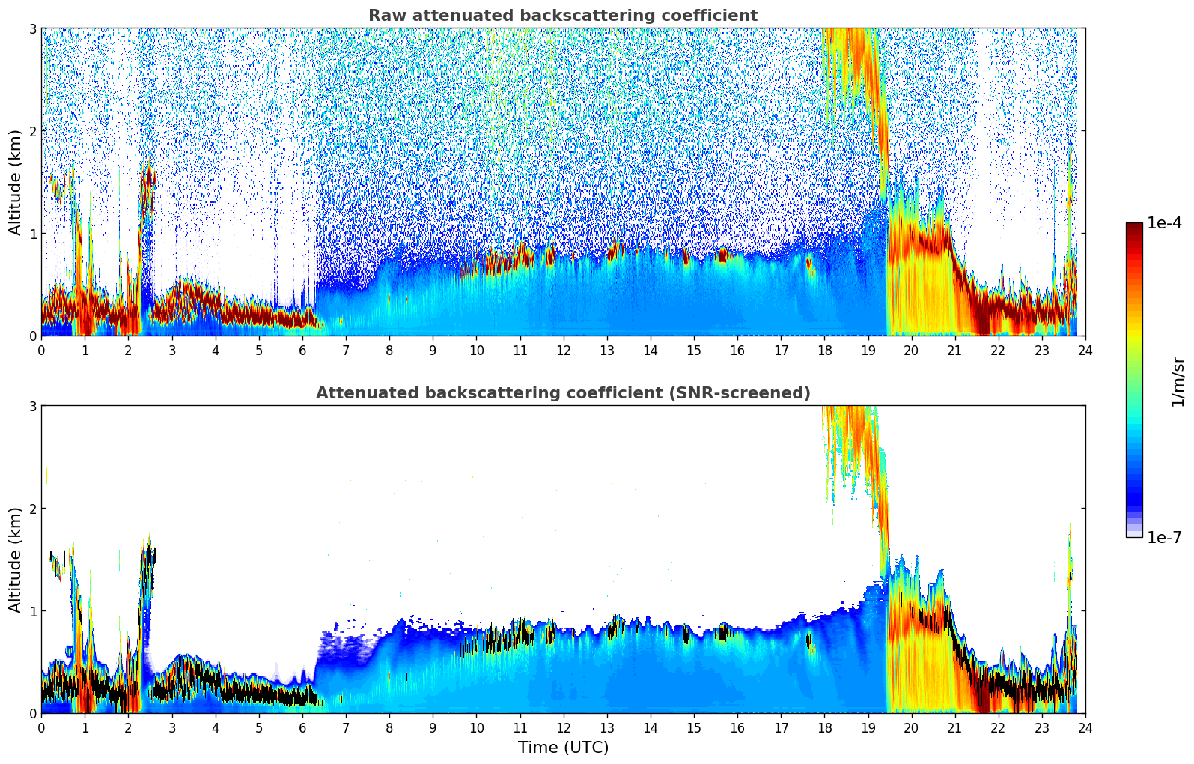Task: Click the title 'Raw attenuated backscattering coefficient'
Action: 562,16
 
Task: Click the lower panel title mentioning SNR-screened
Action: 562,393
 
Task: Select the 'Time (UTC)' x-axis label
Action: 563,747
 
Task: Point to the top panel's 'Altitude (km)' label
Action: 15,182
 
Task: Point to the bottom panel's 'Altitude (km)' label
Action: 15,560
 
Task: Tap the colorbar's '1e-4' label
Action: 1164,223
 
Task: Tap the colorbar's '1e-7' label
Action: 1164,537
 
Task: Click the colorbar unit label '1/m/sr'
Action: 1178,381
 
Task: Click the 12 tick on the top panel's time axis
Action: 563,350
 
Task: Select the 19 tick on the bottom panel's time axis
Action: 868,727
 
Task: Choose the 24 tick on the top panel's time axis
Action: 1085,350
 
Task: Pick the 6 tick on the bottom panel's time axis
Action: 302,727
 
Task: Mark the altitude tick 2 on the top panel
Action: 32,131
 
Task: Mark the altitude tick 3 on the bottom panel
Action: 32,406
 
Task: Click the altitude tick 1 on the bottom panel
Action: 32,611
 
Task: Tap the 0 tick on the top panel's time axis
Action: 41,350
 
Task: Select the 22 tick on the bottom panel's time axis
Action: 998,727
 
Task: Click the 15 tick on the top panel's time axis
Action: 694,350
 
